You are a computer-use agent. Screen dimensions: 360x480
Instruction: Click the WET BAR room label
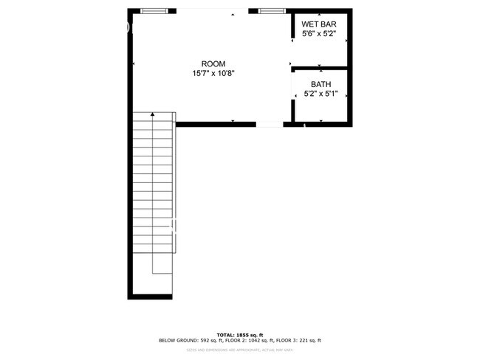point(318,24)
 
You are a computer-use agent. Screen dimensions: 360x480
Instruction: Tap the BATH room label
point(320,84)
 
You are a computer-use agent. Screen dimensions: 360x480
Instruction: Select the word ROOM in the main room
point(213,63)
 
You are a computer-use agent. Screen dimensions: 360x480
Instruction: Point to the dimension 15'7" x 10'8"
point(213,73)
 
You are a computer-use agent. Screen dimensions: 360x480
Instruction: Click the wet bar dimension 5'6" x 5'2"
point(318,34)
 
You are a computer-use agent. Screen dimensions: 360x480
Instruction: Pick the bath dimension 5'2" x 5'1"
point(320,94)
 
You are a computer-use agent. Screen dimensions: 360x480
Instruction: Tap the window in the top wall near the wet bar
point(271,10)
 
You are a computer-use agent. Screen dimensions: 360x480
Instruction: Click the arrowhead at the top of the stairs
point(153,114)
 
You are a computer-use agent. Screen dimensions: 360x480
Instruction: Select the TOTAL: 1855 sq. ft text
point(239,334)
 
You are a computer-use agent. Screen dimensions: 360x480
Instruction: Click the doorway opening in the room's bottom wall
point(269,125)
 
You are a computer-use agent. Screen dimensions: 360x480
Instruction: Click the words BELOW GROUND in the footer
point(176,340)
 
